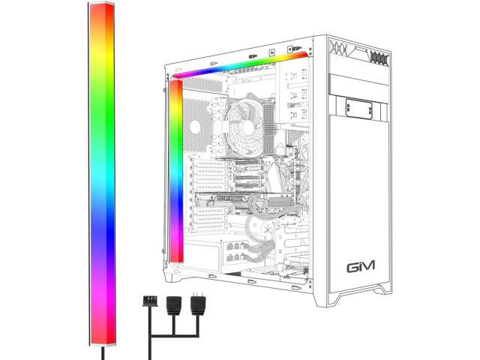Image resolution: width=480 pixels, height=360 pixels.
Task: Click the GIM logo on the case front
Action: (x=362, y=266)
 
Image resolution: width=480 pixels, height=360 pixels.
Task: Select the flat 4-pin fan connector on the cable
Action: (x=148, y=301)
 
